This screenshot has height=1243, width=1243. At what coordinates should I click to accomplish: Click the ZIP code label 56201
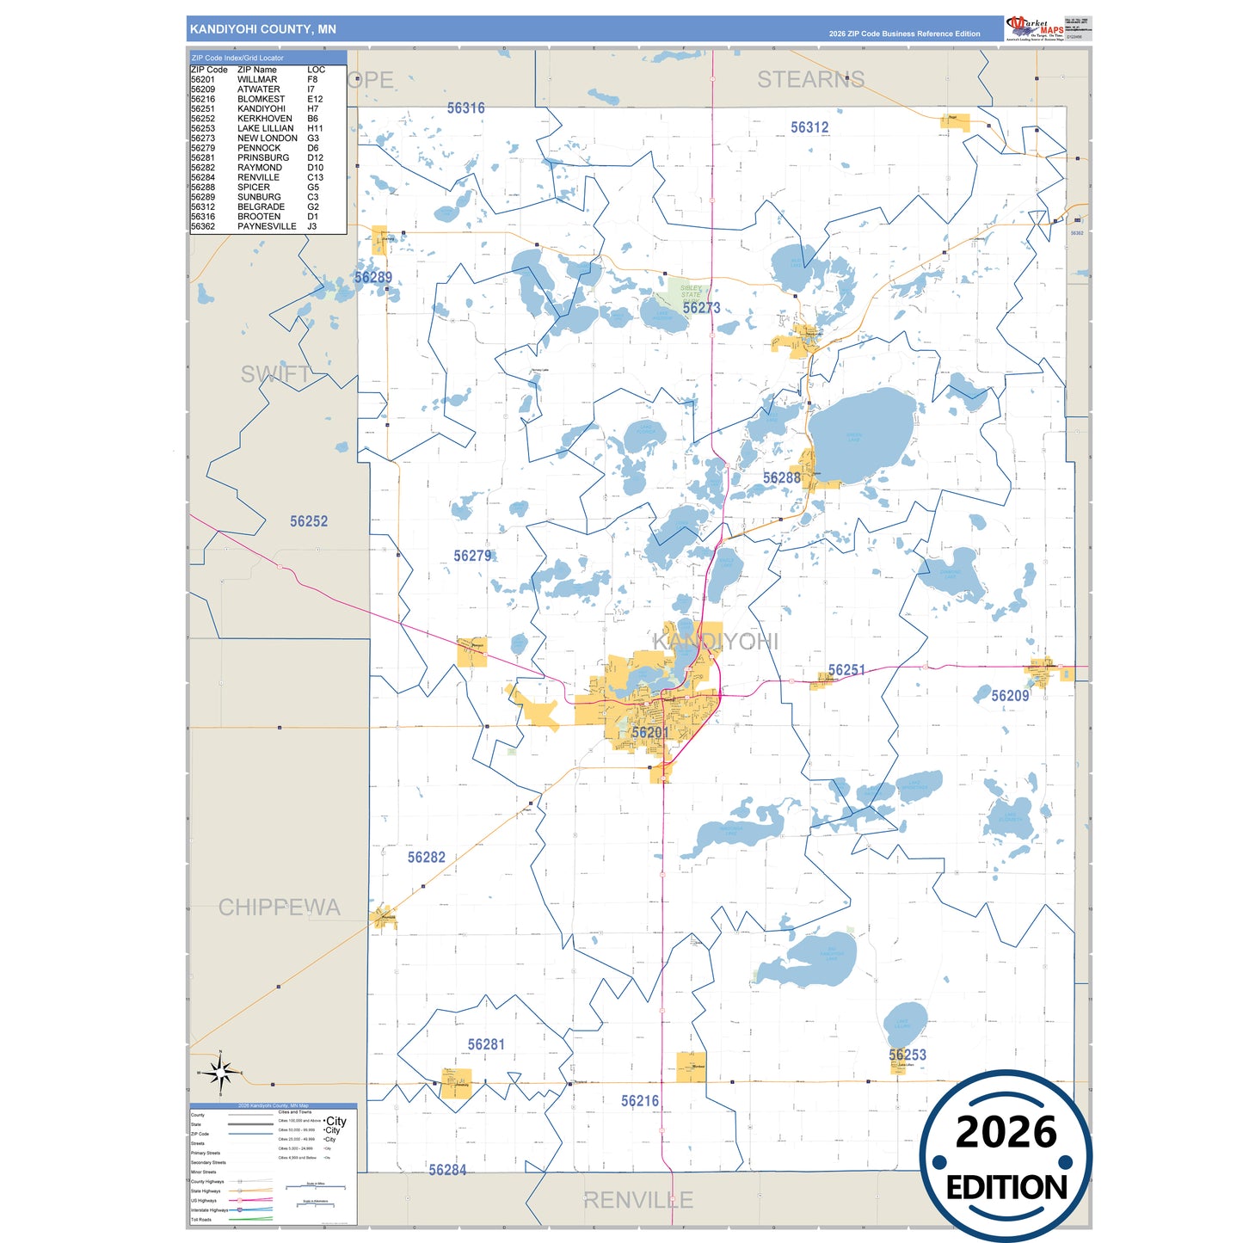pyautogui.click(x=649, y=733)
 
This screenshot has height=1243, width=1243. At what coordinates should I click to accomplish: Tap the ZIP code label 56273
pyautogui.click(x=701, y=308)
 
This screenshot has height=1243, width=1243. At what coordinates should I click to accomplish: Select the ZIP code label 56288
pyautogui.click(x=781, y=478)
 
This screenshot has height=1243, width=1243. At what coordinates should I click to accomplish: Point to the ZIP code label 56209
pyautogui.click(x=1009, y=696)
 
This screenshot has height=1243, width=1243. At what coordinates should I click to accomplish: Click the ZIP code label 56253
pyautogui.click(x=907, y=1055)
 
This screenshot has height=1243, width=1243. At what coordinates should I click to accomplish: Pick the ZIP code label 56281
pyautogui.click(x=486, y=1044)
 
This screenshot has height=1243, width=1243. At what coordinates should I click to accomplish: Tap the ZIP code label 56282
pyautogui.click(x=426, y=858)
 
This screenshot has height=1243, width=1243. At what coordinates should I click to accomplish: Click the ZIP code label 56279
pyautogui.click(x=472, y=556)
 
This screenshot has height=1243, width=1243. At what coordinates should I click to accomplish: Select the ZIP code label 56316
pyautogui.click(x=465, y=108)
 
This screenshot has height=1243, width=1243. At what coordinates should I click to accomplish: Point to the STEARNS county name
pyautogui.click(x=810, y=80)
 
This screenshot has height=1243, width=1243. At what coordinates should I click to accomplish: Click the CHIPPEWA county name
pyautogui.click(x=279, y=908)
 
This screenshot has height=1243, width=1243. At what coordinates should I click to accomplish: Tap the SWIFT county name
pyautogui.click(x=275, y=374)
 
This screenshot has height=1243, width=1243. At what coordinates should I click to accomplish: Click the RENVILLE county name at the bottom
pyautogui.click(x=637, y=1200)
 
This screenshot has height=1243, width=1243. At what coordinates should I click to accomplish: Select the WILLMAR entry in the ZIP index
pyautogui.click(x=257, y=79)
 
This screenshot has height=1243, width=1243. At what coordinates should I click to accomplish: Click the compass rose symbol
pyautogui.click(x=221, y=1073)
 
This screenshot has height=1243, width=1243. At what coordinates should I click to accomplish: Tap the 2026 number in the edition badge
pyautogui.click(x=1006, y=1132)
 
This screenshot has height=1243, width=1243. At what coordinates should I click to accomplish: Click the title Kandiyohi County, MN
pyautogui.click(x=262, y=29)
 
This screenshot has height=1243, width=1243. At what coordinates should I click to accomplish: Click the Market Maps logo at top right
pyautogui.click(x=1035, y=28)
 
